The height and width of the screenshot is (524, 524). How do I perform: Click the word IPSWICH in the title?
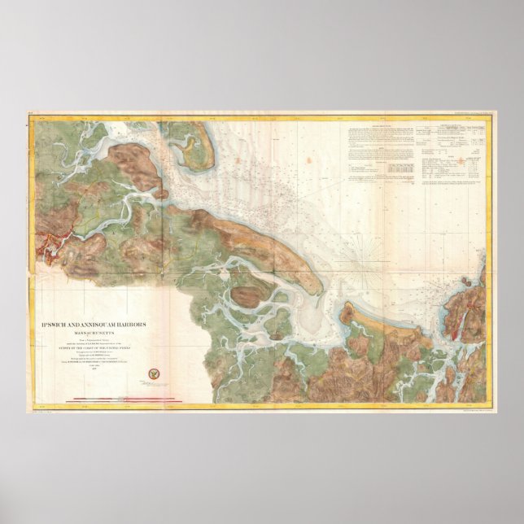60,325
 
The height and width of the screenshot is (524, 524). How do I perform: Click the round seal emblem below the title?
152,374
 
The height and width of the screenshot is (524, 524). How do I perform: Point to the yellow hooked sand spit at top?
192,154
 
